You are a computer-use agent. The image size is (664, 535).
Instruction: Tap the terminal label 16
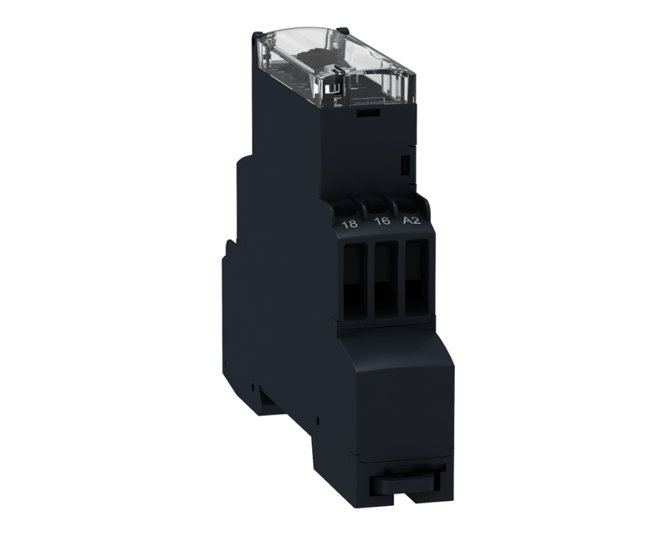pos(382,222)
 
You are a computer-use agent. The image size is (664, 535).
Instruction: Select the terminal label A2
pos(412,221)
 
